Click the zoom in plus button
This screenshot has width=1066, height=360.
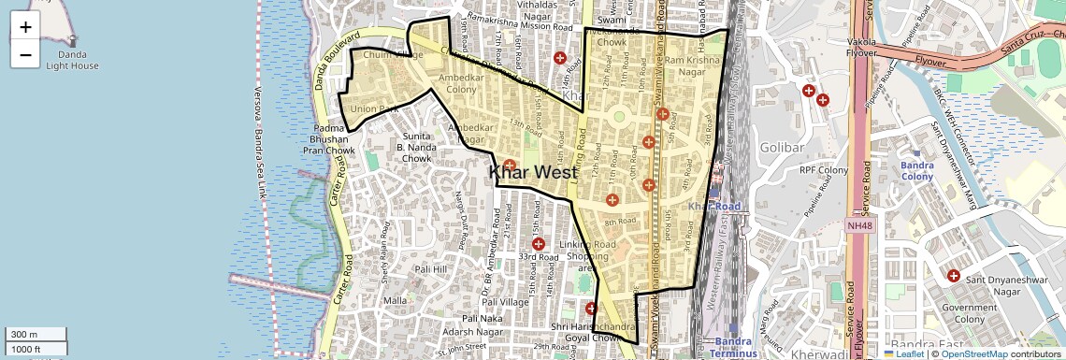click(x=25, y=27)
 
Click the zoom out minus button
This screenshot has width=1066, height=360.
click(x=25, y=55)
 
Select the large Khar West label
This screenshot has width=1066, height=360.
click(x=533, y=172)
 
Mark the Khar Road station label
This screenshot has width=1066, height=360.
click(x=713, y=206)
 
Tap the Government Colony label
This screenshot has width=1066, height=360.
click(x=970, y=313)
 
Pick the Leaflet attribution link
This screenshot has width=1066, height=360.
click(x=908, y=353)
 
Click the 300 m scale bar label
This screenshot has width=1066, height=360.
click(x=24, y=335)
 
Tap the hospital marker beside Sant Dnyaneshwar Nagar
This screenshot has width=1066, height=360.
click(x=953, y=276)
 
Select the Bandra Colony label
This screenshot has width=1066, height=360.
click(x=917, y=171)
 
